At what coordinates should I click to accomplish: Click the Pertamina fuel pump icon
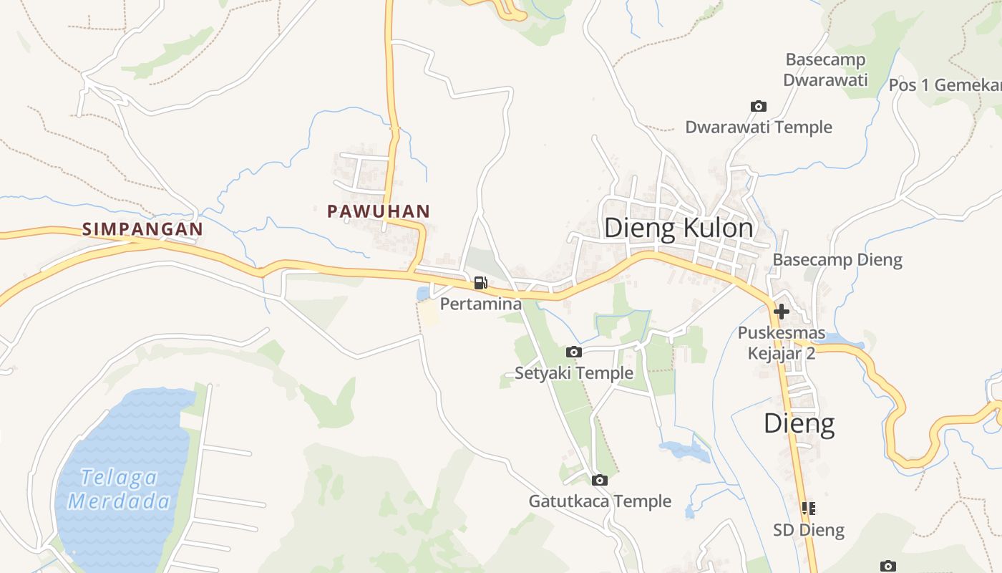click(x=480, y=283)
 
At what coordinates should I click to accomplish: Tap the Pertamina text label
click(x=480, y=304)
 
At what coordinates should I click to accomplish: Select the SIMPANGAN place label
click(x=142, y=229)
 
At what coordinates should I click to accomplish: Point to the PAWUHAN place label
click(x=378, y=211)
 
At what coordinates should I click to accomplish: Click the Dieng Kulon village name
click(x=678, y=228)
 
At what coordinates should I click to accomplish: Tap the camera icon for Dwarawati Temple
click(x=758, y=107)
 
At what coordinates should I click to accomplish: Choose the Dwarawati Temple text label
click(x=759, y=127)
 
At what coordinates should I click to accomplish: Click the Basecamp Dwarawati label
click(x=825, y=69)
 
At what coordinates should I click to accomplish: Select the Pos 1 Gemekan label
click(x=945, y=85)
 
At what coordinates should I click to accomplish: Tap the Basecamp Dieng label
click(x=837, y=259)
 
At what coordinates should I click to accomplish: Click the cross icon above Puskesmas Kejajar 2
click(x=782, y=312)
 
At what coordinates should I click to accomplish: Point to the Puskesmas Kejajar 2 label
click(x=782, y=343)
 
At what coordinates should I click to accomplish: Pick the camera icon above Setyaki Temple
click(x=573, y=352)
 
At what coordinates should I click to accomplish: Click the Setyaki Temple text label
click(x=574, y=373)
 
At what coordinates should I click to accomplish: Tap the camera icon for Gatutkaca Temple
click(x=600, y=480)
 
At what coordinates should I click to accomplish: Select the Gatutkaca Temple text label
click(x=600, y=501)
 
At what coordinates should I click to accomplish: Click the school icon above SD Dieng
click(x=809, y=509)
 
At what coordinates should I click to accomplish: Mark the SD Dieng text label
click(x=809, y=531)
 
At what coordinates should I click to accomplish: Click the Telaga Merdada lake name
click(x=119, y=489)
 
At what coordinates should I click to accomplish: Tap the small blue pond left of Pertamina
click(x=423, y=294)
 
